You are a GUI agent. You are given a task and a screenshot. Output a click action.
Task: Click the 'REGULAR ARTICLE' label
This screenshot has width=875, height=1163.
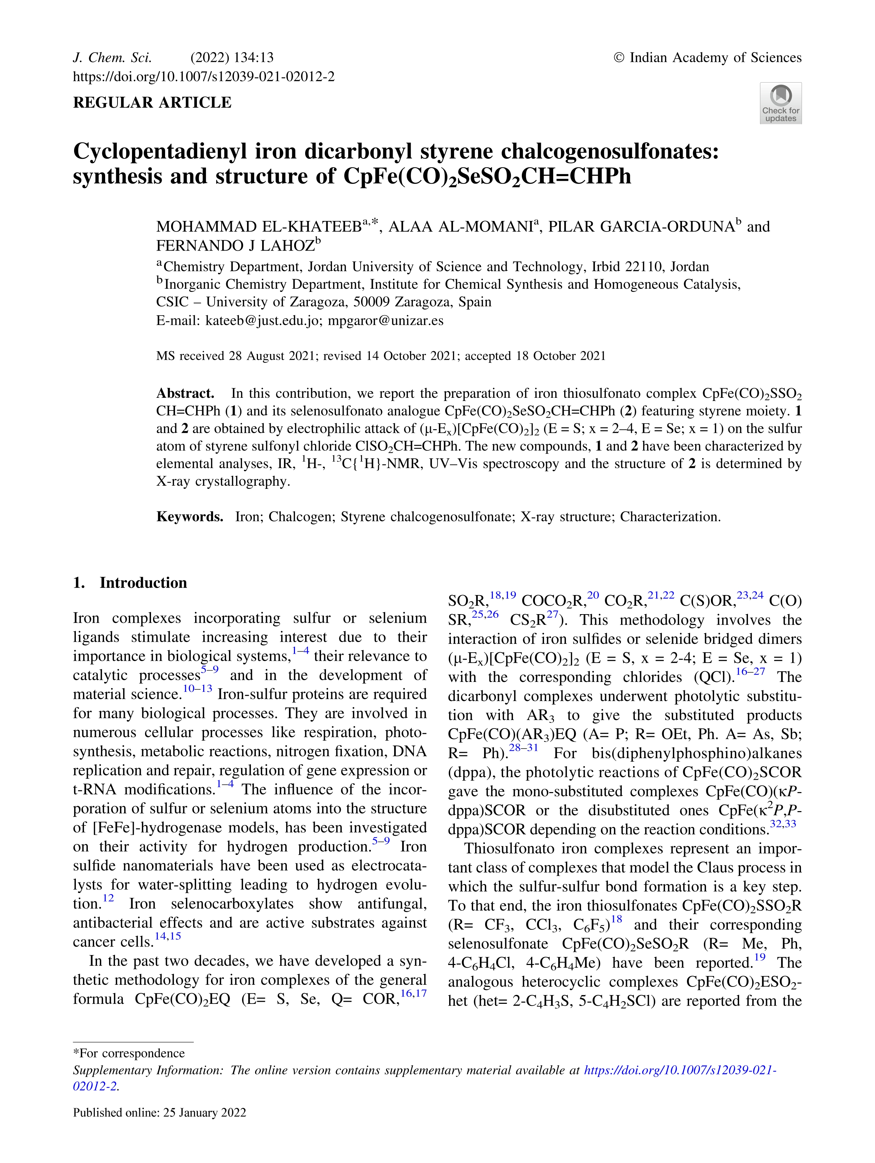pos(152,102)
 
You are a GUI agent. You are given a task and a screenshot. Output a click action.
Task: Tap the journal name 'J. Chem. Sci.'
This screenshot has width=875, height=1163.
pos(112,57)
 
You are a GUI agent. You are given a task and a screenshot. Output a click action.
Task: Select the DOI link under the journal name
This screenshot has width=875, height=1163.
pos(203,77)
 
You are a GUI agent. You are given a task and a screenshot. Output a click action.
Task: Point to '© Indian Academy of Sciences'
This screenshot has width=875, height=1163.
pos(707,57)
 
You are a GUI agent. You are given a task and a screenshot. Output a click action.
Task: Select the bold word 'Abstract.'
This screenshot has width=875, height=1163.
pos(185,393)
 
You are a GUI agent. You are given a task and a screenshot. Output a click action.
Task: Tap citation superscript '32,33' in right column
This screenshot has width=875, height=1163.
pos(783,823)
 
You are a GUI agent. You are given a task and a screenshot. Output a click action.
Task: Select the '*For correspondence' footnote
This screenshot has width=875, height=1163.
pos(129,1053)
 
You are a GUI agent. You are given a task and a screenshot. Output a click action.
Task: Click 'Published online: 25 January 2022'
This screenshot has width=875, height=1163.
pos(159,1113)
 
